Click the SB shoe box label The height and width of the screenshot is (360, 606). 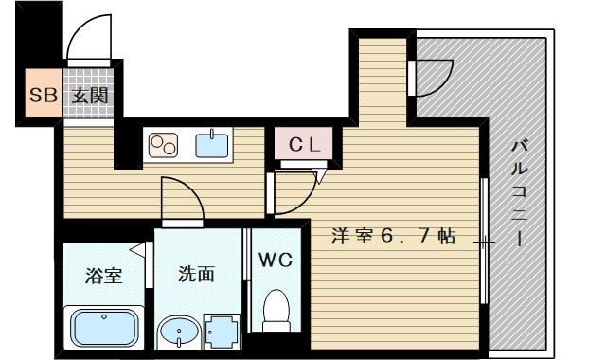[x=44, y=95]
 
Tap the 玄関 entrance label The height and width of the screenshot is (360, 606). [x=90, y=96]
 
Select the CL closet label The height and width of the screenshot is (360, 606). [x=305, y=145]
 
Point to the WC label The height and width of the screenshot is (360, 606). [x=276, y=260]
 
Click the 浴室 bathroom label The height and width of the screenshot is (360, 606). [x=103, y=276]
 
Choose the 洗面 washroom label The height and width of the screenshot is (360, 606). [x=196, y=274]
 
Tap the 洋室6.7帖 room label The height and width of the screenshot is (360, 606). [x=393, y=236]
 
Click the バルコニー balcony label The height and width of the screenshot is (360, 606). [x=520, y=193]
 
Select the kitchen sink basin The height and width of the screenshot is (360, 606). [x=212, y=145]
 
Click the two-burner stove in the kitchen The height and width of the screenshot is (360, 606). [x=164, y=145]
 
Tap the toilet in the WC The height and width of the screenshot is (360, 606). [x=276, y=311]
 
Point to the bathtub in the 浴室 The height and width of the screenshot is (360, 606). [x=104, y=328]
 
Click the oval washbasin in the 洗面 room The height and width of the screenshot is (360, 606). [x=179, y=333]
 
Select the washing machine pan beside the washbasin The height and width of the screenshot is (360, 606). [x=222, y=332]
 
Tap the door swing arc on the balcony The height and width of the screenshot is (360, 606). [x=444, y=84]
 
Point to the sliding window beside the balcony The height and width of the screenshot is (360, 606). [x=484, y=241]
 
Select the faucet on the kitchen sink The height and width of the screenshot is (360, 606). [x=212, y=134]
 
